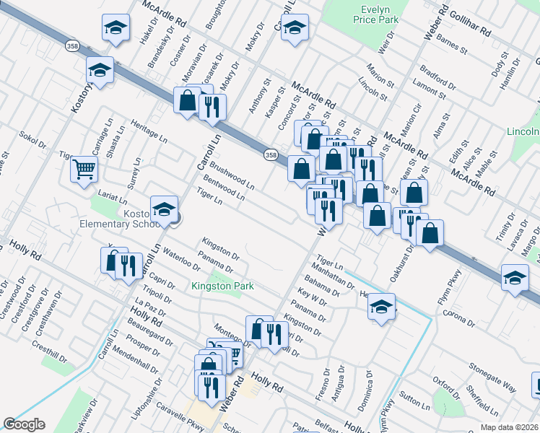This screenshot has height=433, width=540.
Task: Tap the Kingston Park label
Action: [x=222, y=286]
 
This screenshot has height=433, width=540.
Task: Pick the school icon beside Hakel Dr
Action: [x=116, y=28]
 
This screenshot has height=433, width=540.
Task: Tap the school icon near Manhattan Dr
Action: [x=381, y=307]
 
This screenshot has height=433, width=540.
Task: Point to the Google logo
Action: [x=24, y=424]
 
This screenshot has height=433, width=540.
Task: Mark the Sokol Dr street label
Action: [x=32, y=140]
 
